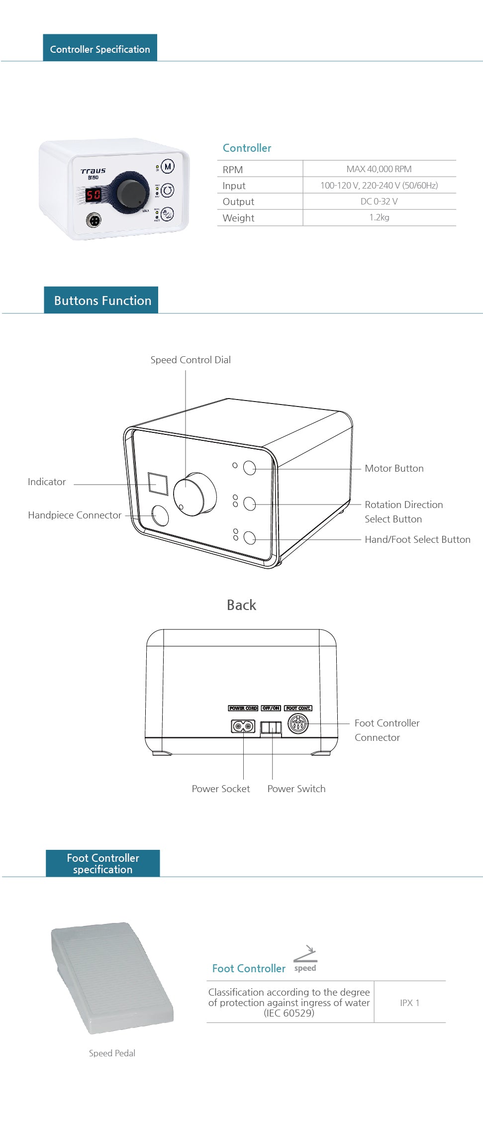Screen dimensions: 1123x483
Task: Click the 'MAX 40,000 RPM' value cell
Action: point(379,169)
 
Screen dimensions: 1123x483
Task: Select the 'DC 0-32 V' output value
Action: point(379,202)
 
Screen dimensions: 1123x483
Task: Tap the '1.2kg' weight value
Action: point(379,217)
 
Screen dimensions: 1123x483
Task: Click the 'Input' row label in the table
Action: point(234,186)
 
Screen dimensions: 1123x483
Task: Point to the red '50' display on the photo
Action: point(94,195)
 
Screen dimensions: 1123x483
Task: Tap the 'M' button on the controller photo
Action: point(168,167)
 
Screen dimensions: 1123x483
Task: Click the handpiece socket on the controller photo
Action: point(94,219)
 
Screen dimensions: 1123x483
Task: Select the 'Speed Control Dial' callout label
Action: point(191,360)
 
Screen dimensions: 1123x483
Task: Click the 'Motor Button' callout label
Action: point(394,468)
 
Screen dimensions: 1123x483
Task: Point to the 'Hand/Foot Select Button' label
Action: point(417,539)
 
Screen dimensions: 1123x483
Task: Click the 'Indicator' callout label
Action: point(47,482)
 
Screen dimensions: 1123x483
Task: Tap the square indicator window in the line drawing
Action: point(158,483)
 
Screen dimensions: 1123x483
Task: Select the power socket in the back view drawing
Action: point(243,726)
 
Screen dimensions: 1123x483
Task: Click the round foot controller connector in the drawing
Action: point(298,723)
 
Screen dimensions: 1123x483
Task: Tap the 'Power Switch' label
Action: point(296,789)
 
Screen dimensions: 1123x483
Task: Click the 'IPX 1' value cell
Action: point(410,1003)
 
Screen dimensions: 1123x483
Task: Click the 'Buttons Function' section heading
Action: point(102,301)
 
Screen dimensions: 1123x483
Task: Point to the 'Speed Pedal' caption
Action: point(112,1053)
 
